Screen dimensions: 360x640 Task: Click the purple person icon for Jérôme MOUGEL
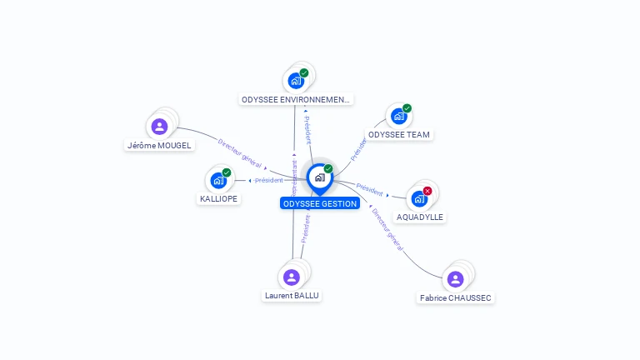[159, 127]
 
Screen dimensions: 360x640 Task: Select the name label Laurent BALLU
[292, 295]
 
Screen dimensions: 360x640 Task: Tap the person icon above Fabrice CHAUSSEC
[455, 279]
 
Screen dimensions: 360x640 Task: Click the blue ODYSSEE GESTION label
[319, 203]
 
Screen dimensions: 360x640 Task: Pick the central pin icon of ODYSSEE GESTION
[319, 177]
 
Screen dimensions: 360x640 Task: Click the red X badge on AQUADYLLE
[427, 191]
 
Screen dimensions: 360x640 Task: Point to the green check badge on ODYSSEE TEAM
[407, 108]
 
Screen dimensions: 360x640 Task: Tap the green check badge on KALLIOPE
[227, 172]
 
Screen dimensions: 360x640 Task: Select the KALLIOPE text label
[219, 199]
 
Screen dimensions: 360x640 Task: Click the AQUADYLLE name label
[420, 217]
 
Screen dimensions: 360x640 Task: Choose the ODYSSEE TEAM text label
[400, 134]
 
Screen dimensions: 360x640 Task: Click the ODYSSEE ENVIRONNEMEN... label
[296, 99]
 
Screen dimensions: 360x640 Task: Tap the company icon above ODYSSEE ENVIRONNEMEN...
[295, 81]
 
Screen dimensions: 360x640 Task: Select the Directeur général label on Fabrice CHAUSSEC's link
[387, 230]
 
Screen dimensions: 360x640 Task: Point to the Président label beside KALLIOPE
[268, 180]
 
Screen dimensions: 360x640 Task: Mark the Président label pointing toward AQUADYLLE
[370, 189]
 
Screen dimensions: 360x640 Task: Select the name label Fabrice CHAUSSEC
[456, 297]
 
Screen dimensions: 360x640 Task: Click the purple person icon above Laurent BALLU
[291, 277]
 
